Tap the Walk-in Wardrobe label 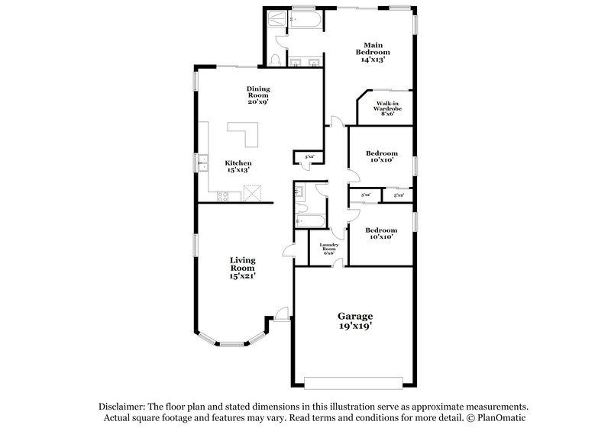click(387, 108)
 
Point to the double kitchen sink click(204, 163)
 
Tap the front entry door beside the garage click(282, 314)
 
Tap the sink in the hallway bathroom click(300, 191)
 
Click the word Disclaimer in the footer click(124, 407)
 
